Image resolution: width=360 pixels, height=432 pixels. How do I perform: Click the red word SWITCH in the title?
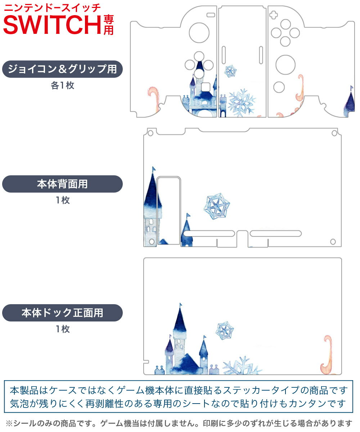coord(52,25)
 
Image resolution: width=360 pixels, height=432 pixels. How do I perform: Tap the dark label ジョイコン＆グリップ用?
coord(62,69)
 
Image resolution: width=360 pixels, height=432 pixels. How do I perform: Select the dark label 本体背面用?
coord(62,184)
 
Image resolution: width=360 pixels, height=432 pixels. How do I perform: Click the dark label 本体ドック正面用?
coord(62,312)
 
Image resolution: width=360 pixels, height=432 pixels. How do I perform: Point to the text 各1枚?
coord(63,85)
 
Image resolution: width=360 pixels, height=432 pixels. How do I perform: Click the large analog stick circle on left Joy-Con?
coord(199,33)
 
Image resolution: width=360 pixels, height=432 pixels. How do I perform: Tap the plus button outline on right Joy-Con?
coord(273,15)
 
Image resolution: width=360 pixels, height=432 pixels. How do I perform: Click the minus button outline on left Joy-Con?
coord(211,15)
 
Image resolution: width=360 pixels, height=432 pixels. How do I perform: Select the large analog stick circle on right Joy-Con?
coord(285,65)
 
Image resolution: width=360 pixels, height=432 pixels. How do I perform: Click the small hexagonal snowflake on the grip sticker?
coord(230,71)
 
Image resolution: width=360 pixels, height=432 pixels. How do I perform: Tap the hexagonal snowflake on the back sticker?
coord(217,206)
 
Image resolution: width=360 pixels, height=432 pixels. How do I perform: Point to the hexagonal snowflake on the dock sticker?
coord(225,330)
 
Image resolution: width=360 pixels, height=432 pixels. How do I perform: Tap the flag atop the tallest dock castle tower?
coord(181,305)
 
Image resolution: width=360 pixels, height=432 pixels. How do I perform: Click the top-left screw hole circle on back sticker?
coord(150,133)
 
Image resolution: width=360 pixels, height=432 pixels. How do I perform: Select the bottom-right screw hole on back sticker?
coord(333,242)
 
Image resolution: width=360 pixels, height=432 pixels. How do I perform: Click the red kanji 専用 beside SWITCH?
coord(108,25)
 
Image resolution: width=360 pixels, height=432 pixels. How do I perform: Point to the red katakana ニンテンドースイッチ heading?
coord(52,8)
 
